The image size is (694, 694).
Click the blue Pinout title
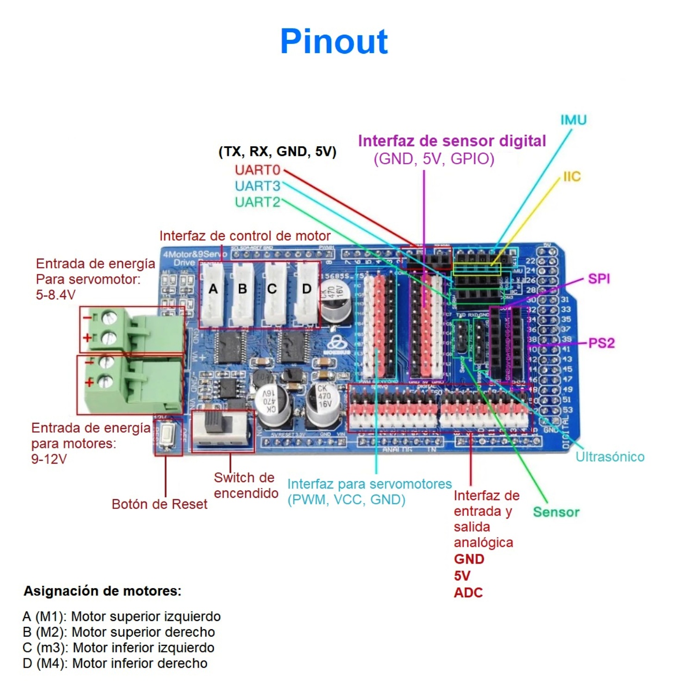coord(334,42)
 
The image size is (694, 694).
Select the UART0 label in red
coord(257,170)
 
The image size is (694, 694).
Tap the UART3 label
coord(257,186)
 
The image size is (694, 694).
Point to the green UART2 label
coord(257,202)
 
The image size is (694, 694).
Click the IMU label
coord(573,120)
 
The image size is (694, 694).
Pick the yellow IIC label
coord(572,177)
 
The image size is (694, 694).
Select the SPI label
coord(599,279)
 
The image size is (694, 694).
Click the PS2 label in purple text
coord(601,343)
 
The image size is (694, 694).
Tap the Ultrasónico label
coord(610,457)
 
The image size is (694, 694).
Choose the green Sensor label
coord(556,512)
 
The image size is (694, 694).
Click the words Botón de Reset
coord(159,504)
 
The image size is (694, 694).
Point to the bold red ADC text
coord(468,593)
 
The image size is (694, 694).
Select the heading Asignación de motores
coord(102,591)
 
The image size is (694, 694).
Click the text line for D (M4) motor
coord(115,663)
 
